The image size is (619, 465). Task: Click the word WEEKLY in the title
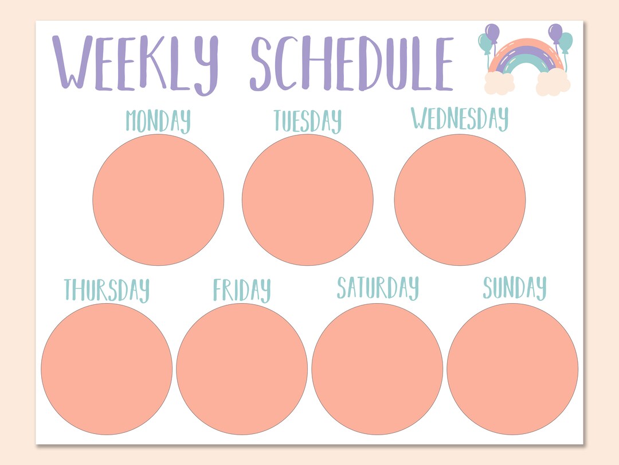click(x=135, y=63)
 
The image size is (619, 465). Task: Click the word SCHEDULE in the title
click(x=351, y=63)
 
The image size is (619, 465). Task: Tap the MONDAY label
click(x=158, y=121)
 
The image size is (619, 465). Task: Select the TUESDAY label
click(x=307, y=121)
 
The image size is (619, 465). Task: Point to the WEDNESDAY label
click(x=460, y=119)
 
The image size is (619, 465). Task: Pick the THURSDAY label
click(x=107, y=289)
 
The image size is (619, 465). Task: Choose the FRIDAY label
click(x=242, y=289)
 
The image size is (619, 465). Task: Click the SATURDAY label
click(x=378, y=288)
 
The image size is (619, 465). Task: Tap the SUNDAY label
click(x=514, y=288)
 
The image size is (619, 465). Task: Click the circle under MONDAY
click(x=158, y=200)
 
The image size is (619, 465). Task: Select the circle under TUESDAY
click(x=307, y=200)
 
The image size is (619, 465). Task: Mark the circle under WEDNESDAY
click(x=460, y=200)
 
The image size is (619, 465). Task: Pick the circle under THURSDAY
click(x=107, y=369)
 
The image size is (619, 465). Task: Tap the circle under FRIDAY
click(x=242, y=369)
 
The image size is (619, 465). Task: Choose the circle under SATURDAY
click(x=377, y=369)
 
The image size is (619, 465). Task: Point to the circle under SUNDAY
click(x=512, y=369)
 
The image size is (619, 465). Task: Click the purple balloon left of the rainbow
click(x=492, y=32)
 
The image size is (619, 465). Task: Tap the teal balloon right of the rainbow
click(x=566, y=41)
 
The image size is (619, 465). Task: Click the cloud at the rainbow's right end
click(x=553, y=84)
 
